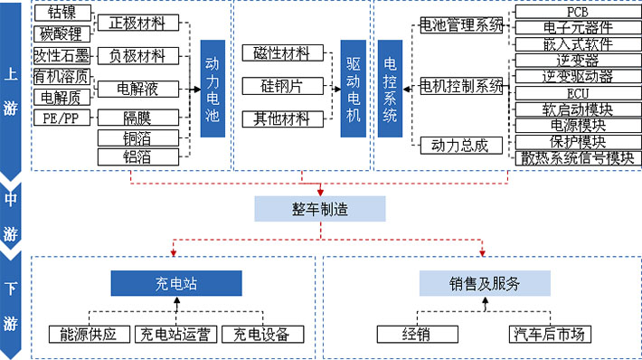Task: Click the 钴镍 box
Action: pos(61,14)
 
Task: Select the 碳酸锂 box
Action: pos(61,34)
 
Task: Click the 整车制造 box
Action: pos(319,209)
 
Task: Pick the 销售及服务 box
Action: pos(484,283)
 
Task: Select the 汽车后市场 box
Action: pos(550,334)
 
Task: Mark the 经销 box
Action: pos(416,334)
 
